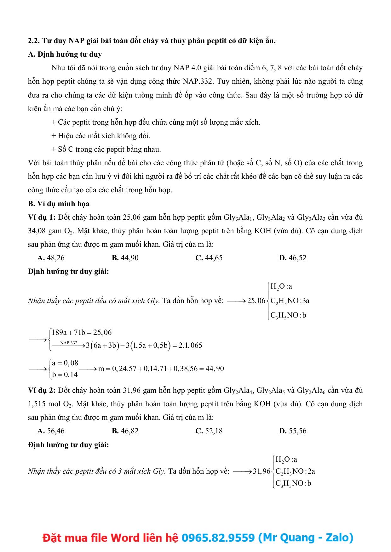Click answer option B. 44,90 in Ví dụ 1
click(x=125, y=258)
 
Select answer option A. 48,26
click(x=51, y=258)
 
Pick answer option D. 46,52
click(x=293, y=258)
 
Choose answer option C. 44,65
click(x=209, y=258)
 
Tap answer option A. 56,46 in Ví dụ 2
click(x=51, y=431)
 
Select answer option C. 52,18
click(x=209, y=431)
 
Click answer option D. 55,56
click(x=293, y=431)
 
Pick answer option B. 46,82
click(x=125, y=431)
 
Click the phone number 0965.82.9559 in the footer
click(x=218, y=538)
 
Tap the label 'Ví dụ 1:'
click(x=42, y=217)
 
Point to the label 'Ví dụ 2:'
click(x=42, y=390)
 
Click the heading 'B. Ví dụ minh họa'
click(x=59, y=204)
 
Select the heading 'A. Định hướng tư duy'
click(x=65, y=54)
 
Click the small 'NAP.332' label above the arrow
click(x=69, y=342)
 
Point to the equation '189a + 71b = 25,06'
click(x=82, y=333)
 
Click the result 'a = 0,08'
click(x=65, y=363)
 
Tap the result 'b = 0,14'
click(x=65, y=375)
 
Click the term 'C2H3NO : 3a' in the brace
click(x=290, y=301)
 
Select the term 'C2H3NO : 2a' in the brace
click(x=295, y=471)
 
